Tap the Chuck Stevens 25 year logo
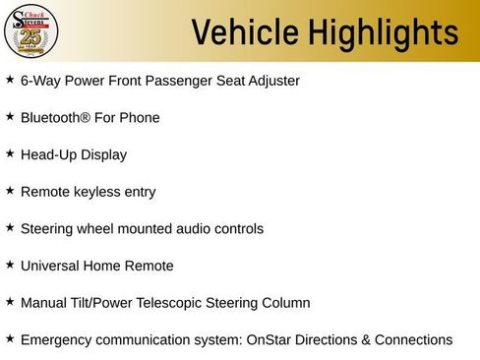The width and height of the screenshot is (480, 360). pos(31,31)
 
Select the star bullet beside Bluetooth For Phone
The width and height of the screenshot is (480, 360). pos(10,116)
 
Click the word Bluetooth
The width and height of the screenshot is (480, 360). pos(55,118)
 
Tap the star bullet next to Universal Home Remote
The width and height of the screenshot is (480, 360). pos(10,264)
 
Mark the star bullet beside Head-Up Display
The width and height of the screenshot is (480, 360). pos(10,152)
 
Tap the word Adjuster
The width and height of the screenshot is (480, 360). pos(271,81)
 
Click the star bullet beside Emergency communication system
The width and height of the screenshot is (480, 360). pos(10,338)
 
